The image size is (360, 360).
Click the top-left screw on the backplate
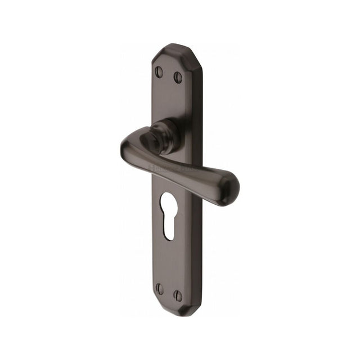pos(159,71)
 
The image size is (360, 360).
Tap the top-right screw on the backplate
pos(178,74)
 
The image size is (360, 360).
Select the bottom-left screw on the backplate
pos(160,289)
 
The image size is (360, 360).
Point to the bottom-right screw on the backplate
pos(178,293)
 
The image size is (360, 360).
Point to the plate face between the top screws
pos(169,73)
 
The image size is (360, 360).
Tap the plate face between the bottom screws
pos(169,291)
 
